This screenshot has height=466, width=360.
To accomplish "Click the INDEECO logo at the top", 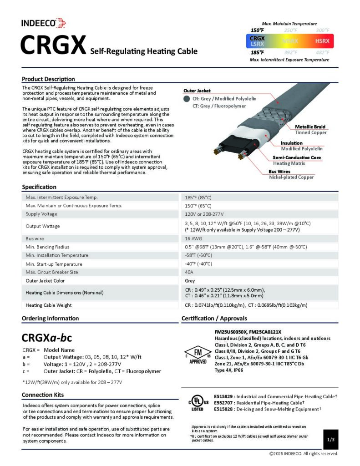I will point(43,22).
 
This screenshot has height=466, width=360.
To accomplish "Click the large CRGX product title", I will point(53,46).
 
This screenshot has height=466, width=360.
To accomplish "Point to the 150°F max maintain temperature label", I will point(258,30).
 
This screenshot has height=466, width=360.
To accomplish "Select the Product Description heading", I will point(48,79).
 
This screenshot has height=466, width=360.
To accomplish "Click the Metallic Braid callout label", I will point(310,127).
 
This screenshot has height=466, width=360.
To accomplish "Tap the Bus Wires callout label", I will point(279,172).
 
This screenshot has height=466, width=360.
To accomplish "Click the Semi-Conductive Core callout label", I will point(297,157).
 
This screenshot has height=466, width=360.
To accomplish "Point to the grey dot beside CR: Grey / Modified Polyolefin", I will point(186,98).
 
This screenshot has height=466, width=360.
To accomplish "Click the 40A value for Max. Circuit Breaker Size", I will point(189,272).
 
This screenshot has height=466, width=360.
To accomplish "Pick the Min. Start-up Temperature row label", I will point(54,264).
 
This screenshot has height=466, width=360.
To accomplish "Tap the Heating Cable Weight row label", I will point(49,305).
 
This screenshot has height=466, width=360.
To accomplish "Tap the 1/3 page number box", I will point(331,440).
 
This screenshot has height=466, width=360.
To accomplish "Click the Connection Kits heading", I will point(43,395).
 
